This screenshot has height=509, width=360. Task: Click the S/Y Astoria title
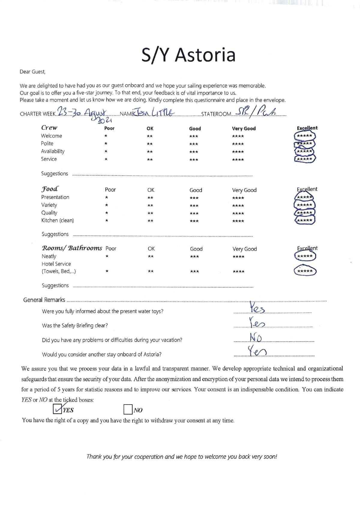188,55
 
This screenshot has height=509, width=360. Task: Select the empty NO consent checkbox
128,410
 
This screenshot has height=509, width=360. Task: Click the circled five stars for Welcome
304,136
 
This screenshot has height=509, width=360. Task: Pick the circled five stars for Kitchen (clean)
304,220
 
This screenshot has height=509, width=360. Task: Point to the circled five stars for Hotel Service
304,271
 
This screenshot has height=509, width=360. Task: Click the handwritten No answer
256,338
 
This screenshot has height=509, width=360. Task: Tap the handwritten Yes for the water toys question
256,308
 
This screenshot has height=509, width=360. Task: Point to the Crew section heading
49,128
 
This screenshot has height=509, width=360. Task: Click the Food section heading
49,189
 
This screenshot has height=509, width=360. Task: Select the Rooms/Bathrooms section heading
72,248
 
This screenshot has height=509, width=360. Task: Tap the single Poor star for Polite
106,144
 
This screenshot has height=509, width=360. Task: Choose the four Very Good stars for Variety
238,206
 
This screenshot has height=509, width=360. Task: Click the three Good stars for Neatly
194,257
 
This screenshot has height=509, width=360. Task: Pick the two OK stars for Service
150,159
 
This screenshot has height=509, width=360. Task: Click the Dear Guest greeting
32,72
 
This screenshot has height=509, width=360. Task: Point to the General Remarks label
44,300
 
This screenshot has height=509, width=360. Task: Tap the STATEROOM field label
216,114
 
